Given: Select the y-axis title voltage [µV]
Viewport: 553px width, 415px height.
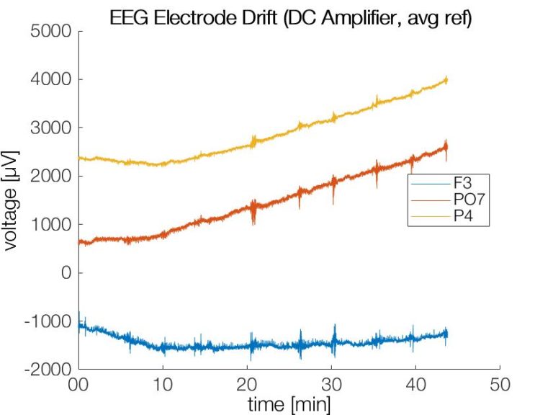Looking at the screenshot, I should coord(12,200).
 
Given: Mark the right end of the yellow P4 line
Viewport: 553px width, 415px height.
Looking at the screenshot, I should coord(446,80).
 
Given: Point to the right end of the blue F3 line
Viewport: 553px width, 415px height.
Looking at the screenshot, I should coord(446,334).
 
